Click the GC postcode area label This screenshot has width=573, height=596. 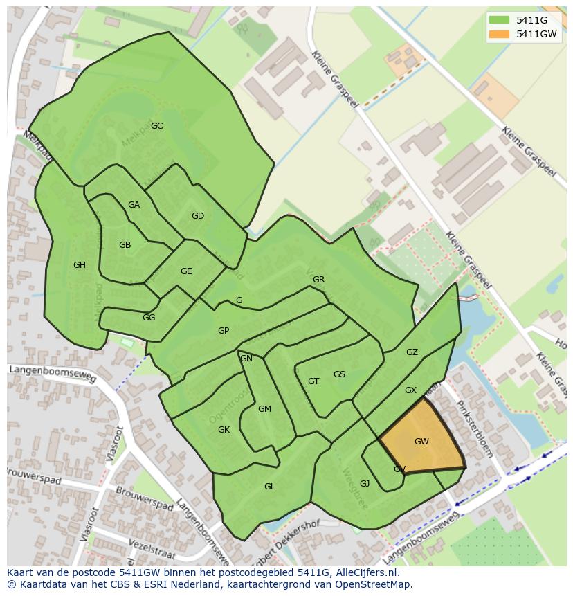157,126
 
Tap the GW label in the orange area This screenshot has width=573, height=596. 421,442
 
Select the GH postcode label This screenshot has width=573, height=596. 80,265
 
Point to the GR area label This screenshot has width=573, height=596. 318,280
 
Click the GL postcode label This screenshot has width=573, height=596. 270,487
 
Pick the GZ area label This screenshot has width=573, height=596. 412,352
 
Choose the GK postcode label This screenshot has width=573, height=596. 224,430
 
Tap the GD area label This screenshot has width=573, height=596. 198,216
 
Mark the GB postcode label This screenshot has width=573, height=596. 125,245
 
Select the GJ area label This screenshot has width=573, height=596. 365,484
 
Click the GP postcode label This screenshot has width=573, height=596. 224,331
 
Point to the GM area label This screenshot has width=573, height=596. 264,409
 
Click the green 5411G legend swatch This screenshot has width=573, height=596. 498,20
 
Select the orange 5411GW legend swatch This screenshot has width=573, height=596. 498,34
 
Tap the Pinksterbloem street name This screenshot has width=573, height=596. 475,429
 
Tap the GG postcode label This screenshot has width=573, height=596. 149,318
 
